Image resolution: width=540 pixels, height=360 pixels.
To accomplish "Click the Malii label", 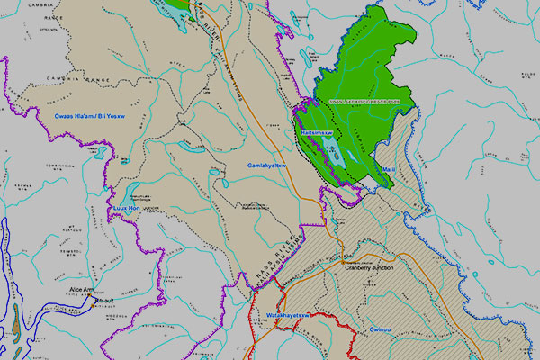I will [389, 169].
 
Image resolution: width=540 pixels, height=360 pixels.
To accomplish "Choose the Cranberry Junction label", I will [370, 267].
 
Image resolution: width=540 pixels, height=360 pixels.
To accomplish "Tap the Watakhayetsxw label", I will [288, 316].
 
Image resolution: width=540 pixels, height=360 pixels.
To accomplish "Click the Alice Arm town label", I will [82, 289].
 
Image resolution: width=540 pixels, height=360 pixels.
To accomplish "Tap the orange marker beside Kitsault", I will [91, 305].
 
